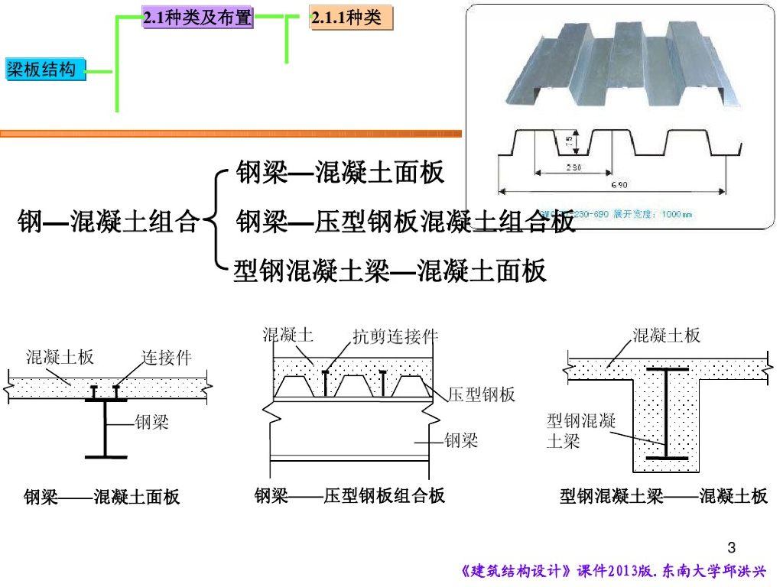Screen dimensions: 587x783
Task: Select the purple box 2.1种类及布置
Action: tap(197, 18)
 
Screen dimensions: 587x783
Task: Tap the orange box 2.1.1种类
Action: tap(351, 18)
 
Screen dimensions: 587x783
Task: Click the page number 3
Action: tap(732, 547)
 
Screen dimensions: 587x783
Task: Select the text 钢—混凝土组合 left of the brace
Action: tap(108, 222)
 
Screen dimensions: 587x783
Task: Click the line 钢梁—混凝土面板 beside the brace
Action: tap(340, 173)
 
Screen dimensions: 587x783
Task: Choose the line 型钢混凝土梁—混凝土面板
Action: tap(390, 271)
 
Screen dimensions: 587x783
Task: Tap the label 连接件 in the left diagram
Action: tap(167, 357)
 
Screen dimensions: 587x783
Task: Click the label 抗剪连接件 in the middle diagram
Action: tap(395, 336)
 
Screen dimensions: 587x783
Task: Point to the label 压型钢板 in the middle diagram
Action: tap(482, 394)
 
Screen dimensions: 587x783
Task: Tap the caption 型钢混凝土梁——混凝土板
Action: tap(663, 497)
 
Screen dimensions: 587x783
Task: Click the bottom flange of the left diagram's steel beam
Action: tap(106, 456)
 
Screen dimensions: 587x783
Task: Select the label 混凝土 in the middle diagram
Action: tap(288, 334)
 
